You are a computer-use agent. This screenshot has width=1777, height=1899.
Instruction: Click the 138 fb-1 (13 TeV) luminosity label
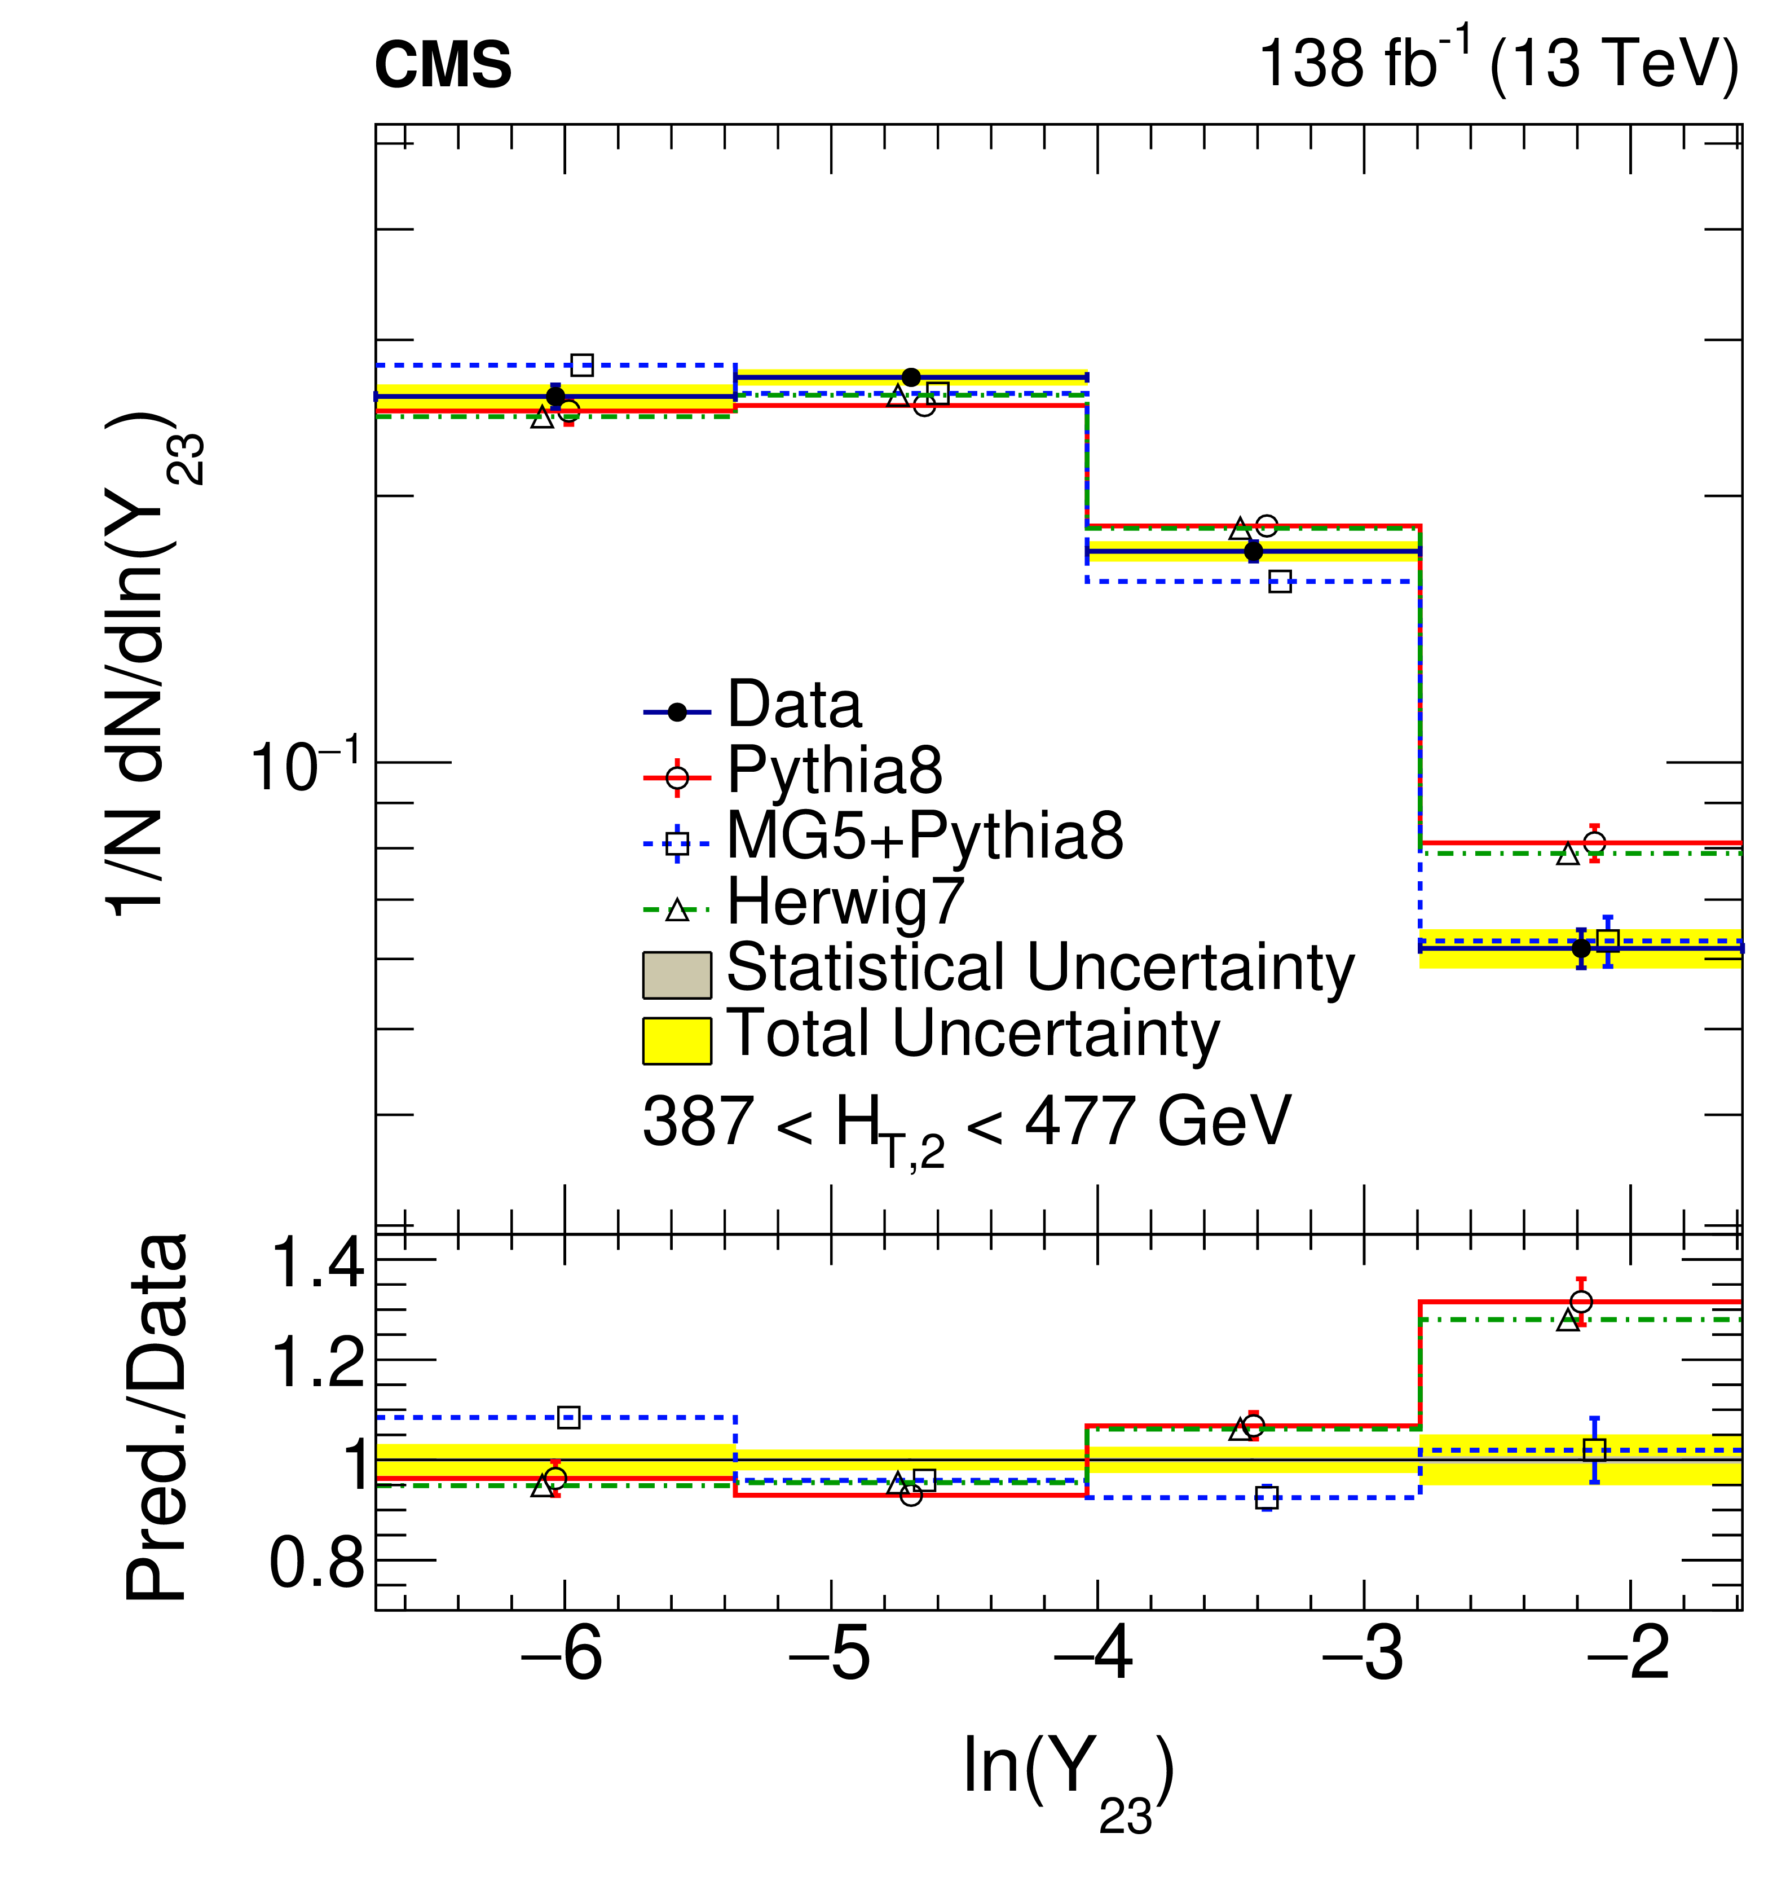point(1497,64)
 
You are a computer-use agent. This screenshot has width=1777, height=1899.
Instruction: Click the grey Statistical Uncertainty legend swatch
point(676,974)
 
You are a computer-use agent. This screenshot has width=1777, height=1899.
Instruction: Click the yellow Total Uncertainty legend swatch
point(676,1040)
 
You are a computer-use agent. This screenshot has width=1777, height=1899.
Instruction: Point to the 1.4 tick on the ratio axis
point(318,1263)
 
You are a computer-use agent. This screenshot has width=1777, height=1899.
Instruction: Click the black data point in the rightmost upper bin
point(1581,948)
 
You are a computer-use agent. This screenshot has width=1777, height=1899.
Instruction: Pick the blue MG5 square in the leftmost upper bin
point(581,365)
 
